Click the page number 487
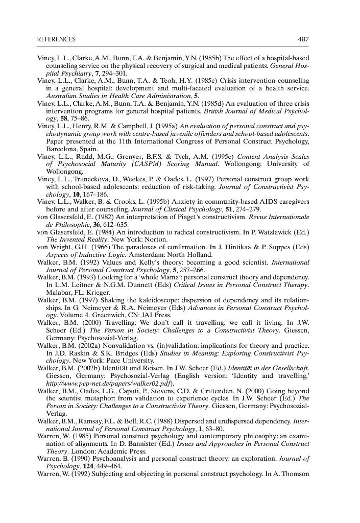303,39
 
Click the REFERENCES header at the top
56,39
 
